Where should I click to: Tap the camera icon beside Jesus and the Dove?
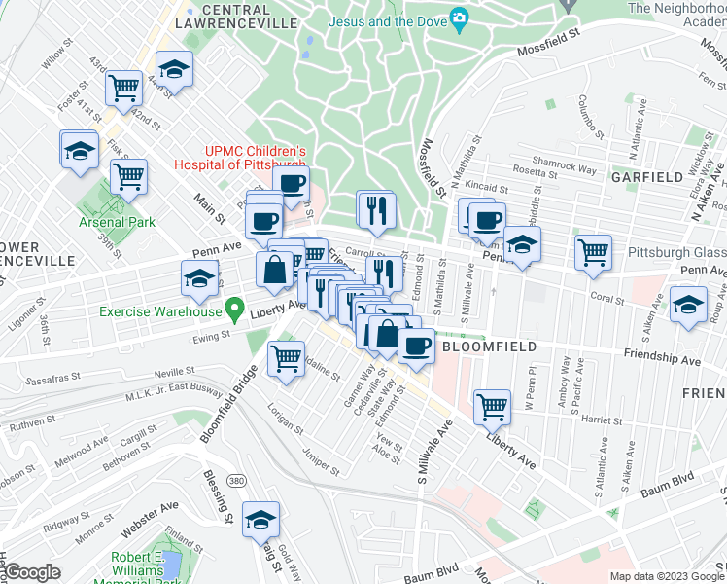pos(459,18)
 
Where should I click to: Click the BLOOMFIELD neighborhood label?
pos(482,346)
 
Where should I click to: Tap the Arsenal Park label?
pos(117,222)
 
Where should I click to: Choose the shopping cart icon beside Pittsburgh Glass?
pos(592,251)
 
